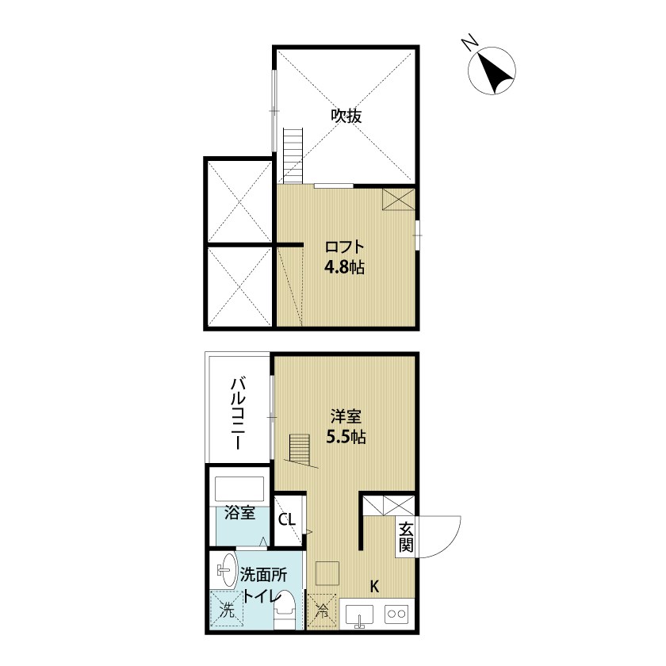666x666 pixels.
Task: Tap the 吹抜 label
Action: [346, 116]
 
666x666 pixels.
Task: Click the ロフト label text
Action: [344, 247]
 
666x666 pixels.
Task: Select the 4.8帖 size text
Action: [344, 267]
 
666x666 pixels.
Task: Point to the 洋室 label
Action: [346, 417]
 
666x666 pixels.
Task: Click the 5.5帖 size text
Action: [346, 437]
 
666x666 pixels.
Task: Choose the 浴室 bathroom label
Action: [240, 513]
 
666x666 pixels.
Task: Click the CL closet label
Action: [287, 519]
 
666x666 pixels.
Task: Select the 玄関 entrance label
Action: [406, 537]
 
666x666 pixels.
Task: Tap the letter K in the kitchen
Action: [374, 587]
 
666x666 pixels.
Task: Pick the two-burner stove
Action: [396, 614]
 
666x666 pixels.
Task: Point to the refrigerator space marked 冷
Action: [322, 610]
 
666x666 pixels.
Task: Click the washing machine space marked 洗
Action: [227, 610]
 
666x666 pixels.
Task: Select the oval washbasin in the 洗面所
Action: [227, 569]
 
